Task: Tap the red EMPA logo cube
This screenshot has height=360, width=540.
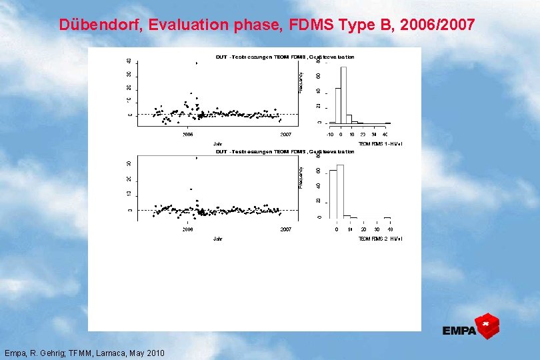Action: (x=489, y=325)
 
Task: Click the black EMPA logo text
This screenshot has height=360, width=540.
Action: (x=459, y=331)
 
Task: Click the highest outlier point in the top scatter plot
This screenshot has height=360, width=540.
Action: (x=196, y=63)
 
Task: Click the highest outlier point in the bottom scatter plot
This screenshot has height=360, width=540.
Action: (x=196, y=158)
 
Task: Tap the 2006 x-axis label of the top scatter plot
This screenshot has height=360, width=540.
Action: (x=188, y=135)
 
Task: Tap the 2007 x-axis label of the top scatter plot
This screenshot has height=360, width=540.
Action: (x=285, y=135)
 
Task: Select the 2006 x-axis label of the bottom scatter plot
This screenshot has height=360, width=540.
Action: (x=188, y=229)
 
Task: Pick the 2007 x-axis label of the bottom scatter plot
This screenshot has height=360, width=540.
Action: (x=285, y=229)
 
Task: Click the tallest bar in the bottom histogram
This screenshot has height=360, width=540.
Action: (x=340, y=191)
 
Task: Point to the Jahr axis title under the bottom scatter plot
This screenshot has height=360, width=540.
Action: (x=217, y=238)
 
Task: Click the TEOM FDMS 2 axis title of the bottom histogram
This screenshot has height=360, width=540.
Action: (x=380, y=238)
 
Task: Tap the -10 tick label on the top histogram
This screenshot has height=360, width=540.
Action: (x=330, y=135)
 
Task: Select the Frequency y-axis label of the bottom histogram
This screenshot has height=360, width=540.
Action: (x=301, y=176)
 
